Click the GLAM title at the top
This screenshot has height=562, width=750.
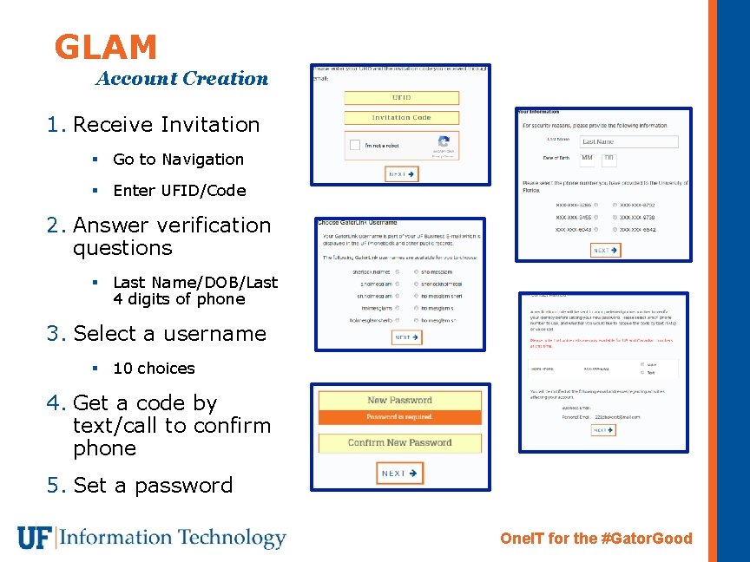click(105, 47)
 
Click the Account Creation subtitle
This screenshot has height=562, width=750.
click(182, 79)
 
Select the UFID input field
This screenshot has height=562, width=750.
click(401, 98)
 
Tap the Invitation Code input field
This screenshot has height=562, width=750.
click(401, 118)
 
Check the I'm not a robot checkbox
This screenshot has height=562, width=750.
click(354, 146)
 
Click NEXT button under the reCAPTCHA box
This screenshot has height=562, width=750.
click(402, 174)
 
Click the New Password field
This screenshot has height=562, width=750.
click(399, 401)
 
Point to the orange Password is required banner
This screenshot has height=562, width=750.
click(399, 417)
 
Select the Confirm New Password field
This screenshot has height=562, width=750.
click(399, 443)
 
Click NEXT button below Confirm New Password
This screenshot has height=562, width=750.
click(399, 474)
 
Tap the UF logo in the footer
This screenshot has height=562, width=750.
click(34, 538)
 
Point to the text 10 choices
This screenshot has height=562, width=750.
click(154, 369)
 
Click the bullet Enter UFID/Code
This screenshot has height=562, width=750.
click(179, 191)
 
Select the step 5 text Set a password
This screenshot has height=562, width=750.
click(153, 486)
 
